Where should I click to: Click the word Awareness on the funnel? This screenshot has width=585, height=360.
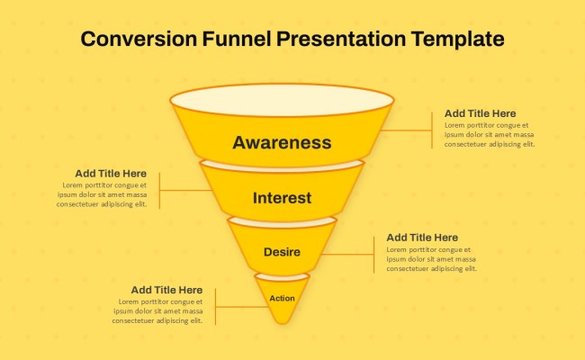pyautogui.click(x=282, y=142)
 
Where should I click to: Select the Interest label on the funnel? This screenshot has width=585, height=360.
pyautogui.click(x=282, y=198)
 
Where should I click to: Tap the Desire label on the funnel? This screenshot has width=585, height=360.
pyautogui.click(x=282, y=252)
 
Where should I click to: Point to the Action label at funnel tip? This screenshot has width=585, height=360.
pyautogui.click(x=282, y=298)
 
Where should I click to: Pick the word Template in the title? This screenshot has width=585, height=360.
pyautogui.click(x=457, y=39)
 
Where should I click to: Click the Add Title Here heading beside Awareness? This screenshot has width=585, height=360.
pyautogui.click(x=481, y=113)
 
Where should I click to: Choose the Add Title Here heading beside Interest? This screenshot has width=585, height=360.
pyautogui.click(x=111, y=173)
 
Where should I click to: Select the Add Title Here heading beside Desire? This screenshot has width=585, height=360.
pyautogui.click(x=422, y=238)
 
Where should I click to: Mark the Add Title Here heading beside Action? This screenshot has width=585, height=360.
pyautogui.click(x=166, y=290)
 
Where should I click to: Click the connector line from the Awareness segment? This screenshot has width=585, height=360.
pyautogui.click(x=407, y=130)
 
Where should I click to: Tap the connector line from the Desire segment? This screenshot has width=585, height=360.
pyautogui.click(x=346, y=255)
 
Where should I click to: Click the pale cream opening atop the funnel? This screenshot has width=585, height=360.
pyautogui.click(x=282, y=98)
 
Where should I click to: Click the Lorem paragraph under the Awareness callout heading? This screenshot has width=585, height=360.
pyautogui.click(x=489, y=134)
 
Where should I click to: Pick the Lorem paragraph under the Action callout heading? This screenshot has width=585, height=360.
pyautogui.click(x=157, y=310)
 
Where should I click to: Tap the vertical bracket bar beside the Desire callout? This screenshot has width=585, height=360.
pyautogui.click(x=373, y=254)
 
